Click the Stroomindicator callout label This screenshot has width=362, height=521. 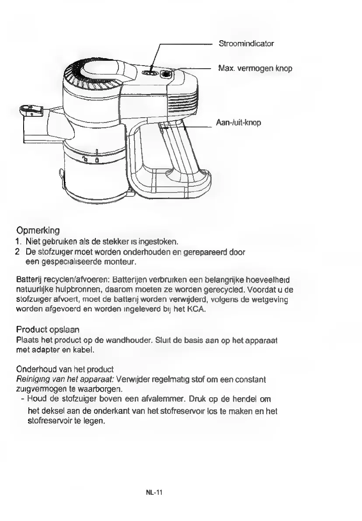[246, 44]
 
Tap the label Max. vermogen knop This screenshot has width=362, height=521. [255, 68]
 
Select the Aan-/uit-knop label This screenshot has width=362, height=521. [238, 122]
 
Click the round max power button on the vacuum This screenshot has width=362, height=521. [166, 73]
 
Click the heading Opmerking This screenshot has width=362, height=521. [38, 230]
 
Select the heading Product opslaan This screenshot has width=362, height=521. [48, 329]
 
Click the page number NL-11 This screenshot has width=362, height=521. [154, 493]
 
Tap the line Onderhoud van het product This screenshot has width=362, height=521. [65, 370]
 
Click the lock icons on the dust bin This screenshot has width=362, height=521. [90, 160]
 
